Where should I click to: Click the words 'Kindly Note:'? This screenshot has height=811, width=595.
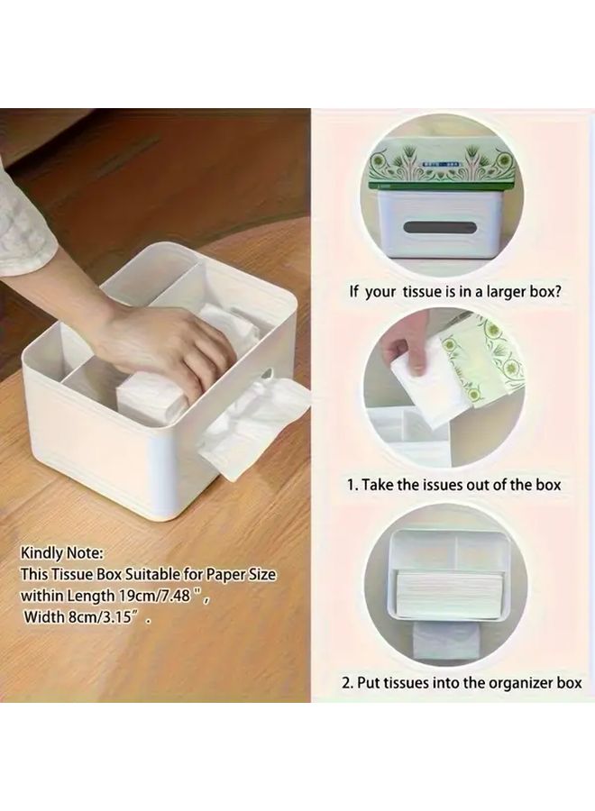63,551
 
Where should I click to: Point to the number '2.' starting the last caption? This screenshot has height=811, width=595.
347,682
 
